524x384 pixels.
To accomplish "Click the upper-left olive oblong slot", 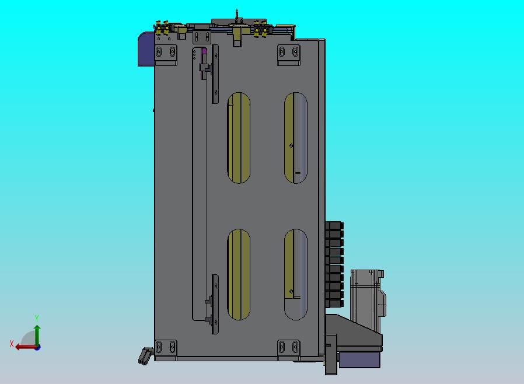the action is [239, 138].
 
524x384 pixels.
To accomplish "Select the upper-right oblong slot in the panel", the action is [295, 138].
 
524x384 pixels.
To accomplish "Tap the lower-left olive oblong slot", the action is [239, 274].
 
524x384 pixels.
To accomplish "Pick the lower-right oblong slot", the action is [295, 274].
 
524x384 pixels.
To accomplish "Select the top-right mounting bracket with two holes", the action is [289, 55].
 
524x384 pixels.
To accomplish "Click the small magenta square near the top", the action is [204, 51].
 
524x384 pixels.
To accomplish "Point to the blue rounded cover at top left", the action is [146, 49].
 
